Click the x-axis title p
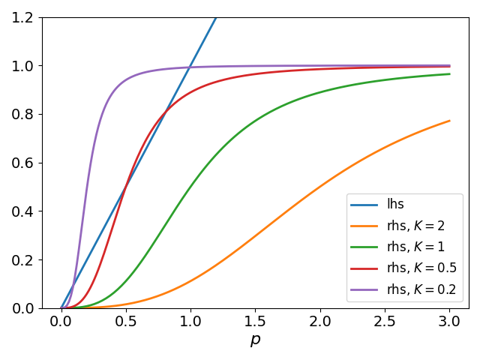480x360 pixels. click(x=255, y=340)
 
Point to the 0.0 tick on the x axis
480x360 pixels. click(x=61, y=320)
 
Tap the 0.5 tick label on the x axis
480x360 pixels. click(x=126, y=320)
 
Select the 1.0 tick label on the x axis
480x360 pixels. click(x=190, y=320)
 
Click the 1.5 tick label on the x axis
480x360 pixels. click(x=255, y=320)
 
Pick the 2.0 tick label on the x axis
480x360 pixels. click(x=320, y=320)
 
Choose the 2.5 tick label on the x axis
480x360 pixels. click(x=385, y=320)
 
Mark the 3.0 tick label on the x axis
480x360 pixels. click(x=450, y=320)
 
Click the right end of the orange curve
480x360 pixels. click(x=449, y=121)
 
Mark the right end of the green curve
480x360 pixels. click(x=449, y=73)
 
